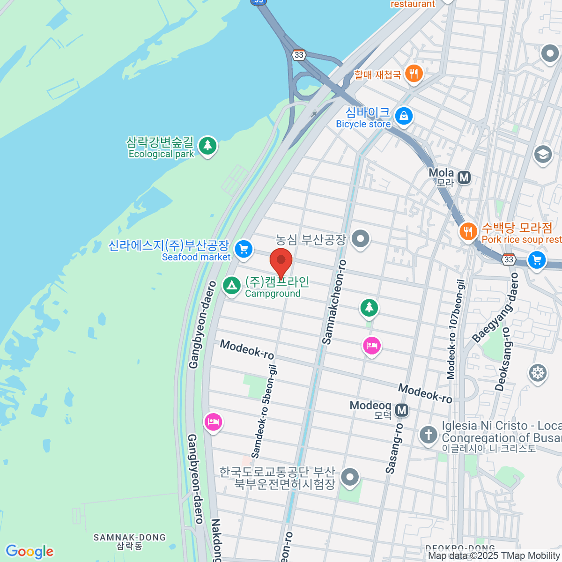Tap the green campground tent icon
click(231, 285)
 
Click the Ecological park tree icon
click(207, 145)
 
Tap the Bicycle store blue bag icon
click(404, 115)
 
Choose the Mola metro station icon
click(464, 177)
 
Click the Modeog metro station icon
click(401, 411)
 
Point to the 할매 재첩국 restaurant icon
click(413, 74)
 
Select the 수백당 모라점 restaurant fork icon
click(468, 231)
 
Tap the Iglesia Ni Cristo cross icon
click(428, 434)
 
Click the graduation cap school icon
click(543, 154)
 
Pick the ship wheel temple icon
click(538, 373)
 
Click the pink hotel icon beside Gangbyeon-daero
click(213, 422)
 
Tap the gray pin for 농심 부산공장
click(360, 239)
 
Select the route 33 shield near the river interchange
click(299, 55)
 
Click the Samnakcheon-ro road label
click(334, 302)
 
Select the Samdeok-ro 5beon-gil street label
click(264, 411)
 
